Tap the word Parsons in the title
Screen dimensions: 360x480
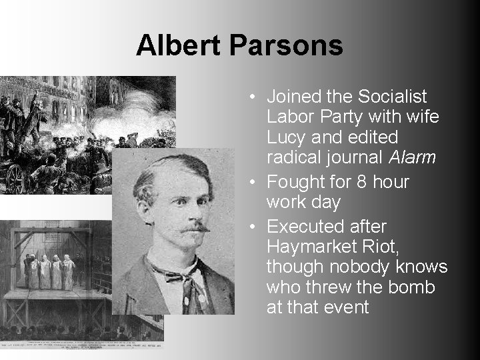(x=287, y=45)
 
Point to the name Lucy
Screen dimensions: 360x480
(x=286, y=137)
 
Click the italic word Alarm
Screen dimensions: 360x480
(x=413, y=157)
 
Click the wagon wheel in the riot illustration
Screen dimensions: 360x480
(x=15, y=178)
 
